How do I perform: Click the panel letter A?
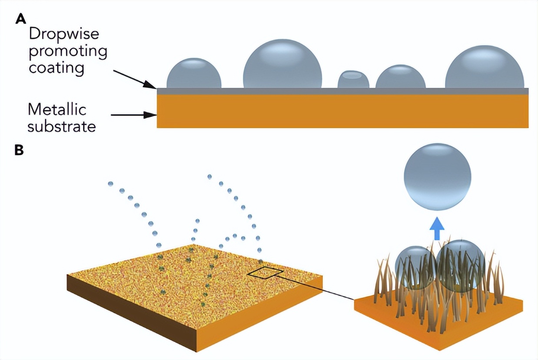pyautogui.click(x=20, y=19)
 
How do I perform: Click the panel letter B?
pyautogui.click(x=20, y=150)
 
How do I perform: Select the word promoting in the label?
pyautogui.click(x=68, y=51)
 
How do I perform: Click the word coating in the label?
pyautogui.click(x=56, y=68)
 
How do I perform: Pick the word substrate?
pyautogui.click(x=62, y=126)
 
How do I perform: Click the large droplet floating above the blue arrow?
pyautogui.click(x=437, y=177)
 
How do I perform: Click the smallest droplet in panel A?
pyautogui.click(x=353, y=79)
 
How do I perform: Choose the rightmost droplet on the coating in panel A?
pyautogui.click(x=485, y=68)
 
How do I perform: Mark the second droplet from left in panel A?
pyautogui.click(x=282, y=64)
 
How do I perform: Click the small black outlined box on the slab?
pyautogui.click(x=266, y=273)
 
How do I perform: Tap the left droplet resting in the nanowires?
pyautogui.click(x=415, y=266)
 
